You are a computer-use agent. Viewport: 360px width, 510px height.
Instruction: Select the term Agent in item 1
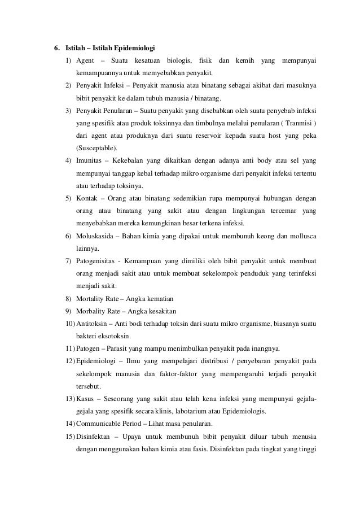pos(86,60)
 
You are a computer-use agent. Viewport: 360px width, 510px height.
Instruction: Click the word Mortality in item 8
pos(91,298)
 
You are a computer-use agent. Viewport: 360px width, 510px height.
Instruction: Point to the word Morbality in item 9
pos(91,311)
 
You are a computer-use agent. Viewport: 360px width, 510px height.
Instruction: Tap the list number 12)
pos(69,363)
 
